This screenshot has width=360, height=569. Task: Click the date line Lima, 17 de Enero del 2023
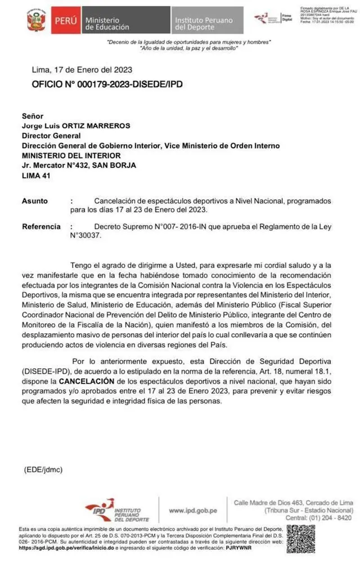tap(82, 70)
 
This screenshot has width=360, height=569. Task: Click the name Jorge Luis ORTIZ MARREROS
tap(75, 126)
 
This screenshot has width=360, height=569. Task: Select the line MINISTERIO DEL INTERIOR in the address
tap(71, 155)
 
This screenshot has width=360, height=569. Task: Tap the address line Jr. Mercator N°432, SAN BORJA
tap(79, 165)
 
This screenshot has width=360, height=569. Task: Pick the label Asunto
tap(35, 200)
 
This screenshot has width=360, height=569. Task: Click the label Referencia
tap(41, 226)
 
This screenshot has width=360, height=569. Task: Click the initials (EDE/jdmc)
tap(43, 469)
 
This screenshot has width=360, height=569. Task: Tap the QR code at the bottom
tap(301, 541)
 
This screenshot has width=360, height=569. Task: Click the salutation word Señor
tap(33, 115)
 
